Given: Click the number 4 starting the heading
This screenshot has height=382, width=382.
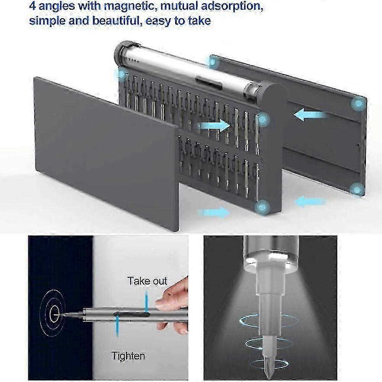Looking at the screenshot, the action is pos(32,6).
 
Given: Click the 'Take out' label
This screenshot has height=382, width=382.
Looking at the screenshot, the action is pos(147,281).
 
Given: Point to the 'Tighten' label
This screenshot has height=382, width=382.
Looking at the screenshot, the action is pos(128,356).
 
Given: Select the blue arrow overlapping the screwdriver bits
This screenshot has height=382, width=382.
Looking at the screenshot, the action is pos(214,125).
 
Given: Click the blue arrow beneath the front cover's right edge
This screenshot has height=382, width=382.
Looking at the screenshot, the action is pos(214,212).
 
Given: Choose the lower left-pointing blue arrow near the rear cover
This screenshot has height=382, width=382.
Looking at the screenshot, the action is pos(310,201).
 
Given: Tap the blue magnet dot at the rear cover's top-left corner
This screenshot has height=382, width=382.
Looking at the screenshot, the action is pos(214,63).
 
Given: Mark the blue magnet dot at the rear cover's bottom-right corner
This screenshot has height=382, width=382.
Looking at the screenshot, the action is pos(357,189).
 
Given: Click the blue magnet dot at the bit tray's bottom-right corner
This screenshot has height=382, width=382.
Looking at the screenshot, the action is pos(262,207).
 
